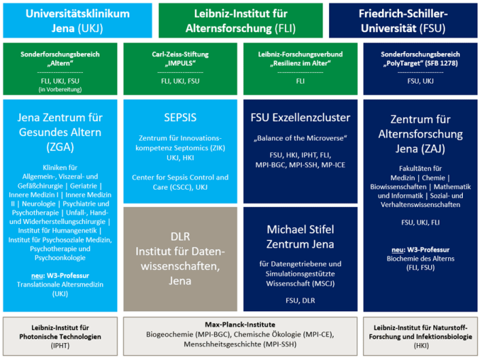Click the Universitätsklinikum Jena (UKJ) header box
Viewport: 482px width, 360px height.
pos(77,21)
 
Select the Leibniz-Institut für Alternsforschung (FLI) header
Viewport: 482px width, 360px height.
pos(241,21)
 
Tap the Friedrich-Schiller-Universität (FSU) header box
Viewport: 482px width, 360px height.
pos(403,21)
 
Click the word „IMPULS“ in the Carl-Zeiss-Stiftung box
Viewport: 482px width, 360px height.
pos(180,63)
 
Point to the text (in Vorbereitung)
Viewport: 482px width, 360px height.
pos(60,89)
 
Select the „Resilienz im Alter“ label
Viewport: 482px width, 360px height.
pos(301,63)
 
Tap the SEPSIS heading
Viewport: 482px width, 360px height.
pos(180,118)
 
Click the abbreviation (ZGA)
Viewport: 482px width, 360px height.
pos(60,147)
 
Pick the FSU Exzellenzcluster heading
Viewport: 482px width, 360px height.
pos(301,118)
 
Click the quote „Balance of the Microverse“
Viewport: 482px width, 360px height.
pos(301,138)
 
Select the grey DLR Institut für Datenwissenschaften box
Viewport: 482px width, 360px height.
pos(180,259)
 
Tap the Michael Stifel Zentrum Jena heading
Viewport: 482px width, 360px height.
pos(301,237)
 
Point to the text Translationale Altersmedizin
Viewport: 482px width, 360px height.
pos(60,285)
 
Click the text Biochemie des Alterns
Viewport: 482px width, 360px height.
pos(420,259)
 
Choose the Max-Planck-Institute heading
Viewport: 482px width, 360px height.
pos(240,325)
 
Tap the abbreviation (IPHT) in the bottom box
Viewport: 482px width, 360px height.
pos(60,346)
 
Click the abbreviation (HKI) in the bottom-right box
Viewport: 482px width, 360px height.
pos(420,346)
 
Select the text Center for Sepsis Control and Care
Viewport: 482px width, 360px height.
pos(180,182)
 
